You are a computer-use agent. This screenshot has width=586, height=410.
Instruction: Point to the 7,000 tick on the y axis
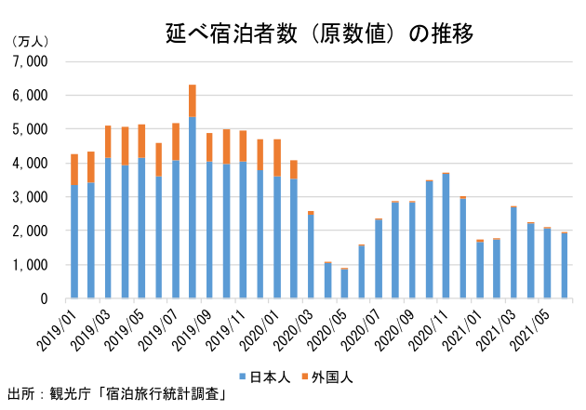[33, 61]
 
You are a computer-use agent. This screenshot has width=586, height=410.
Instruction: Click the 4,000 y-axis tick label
[33, 164]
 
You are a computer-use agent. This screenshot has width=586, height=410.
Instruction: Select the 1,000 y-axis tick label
[33, 265]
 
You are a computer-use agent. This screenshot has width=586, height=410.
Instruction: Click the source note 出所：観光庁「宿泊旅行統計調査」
[117, 393]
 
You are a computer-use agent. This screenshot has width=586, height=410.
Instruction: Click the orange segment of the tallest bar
[193, 100]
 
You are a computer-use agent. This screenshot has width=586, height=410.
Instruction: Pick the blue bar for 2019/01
[74, 242]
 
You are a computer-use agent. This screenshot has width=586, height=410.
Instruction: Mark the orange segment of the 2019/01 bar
[74, 169]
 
